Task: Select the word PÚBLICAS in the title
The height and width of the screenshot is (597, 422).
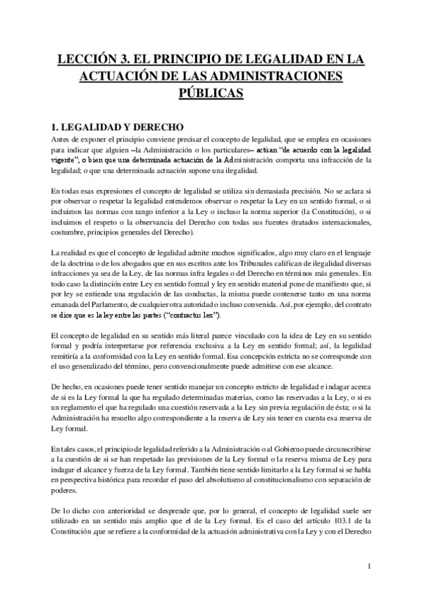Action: [211, 93]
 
